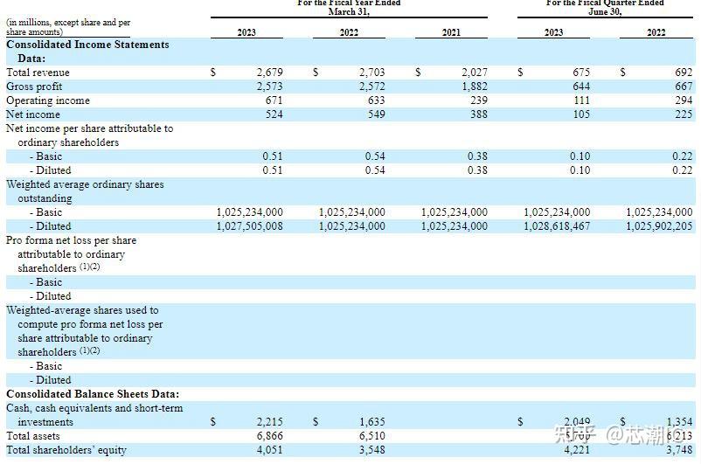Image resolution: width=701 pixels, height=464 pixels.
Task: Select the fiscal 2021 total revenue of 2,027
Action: point(474,73)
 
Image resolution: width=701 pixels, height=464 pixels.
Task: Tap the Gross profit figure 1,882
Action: point(474,87)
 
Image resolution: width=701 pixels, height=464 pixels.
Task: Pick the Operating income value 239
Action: point(478,100)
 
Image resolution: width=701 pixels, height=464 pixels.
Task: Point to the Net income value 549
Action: point(376,114)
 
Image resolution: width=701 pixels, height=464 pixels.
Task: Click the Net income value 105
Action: point(580,114)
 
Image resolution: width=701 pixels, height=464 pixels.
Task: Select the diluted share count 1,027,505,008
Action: point(249,226)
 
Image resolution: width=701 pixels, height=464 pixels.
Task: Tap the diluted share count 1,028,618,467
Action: point(557,226)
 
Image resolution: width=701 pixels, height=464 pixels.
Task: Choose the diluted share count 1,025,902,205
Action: point(659,226)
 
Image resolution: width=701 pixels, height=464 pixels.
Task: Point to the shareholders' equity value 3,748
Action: point(678,450)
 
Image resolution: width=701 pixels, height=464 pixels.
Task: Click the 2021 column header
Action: point(451,32)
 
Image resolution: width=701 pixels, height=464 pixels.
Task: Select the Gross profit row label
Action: point(33,87)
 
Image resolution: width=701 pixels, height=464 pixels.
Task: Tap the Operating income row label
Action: point(47,100)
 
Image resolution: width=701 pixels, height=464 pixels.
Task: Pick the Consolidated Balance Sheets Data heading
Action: point(92,394)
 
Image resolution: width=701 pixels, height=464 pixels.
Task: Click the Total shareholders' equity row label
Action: point(66,450)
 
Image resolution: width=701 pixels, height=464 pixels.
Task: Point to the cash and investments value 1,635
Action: point(371,422)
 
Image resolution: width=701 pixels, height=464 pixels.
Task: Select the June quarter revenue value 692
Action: point(683,73)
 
